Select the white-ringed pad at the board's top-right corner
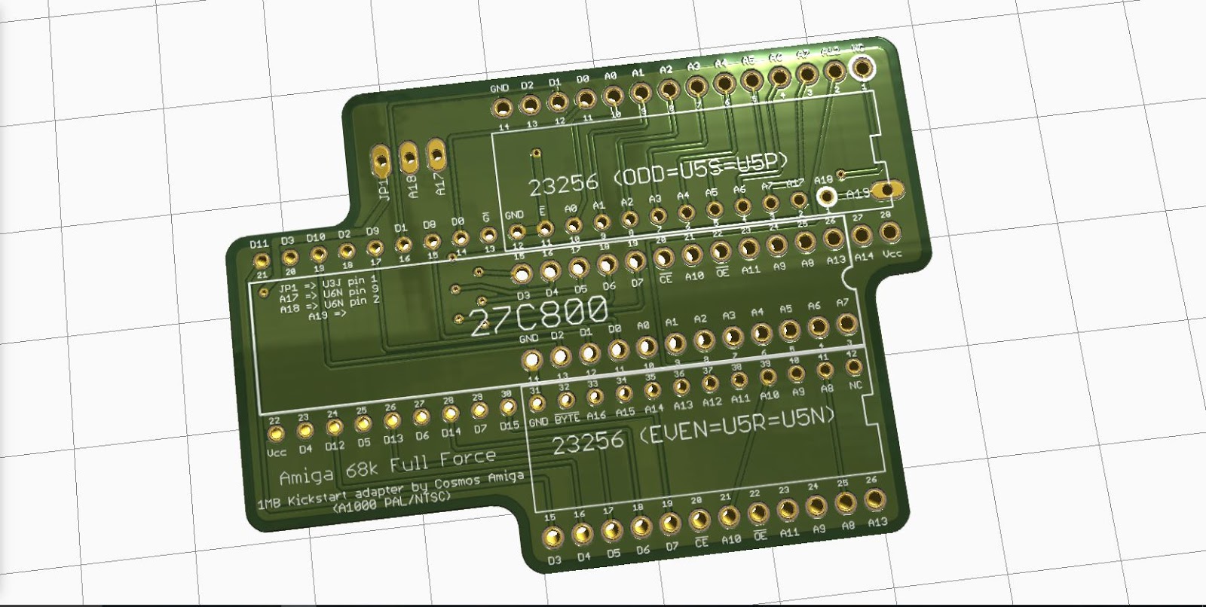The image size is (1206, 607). [861, 67]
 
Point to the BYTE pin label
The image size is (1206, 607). [567, 419]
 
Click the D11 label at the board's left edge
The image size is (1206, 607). [259, 244]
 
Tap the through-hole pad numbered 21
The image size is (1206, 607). [262, 261]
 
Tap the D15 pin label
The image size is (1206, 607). [510, 426]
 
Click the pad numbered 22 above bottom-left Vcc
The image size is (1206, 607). [276, 435]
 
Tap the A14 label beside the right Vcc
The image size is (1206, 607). [863, 256]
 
